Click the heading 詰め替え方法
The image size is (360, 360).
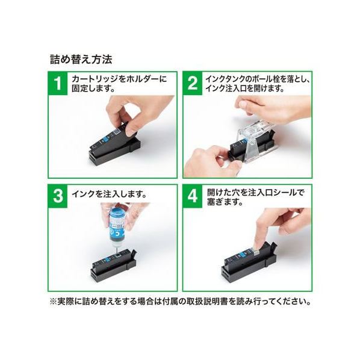[81, 60]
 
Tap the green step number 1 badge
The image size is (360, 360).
[58, 83]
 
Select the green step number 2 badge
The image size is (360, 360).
[193, 83]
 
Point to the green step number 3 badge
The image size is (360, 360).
[58, 196]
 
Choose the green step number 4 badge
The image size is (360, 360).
[193, 196]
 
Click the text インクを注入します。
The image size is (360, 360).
[110, 194]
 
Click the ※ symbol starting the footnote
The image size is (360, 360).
[53, 301]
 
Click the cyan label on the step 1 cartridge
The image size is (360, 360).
[106, 139]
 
